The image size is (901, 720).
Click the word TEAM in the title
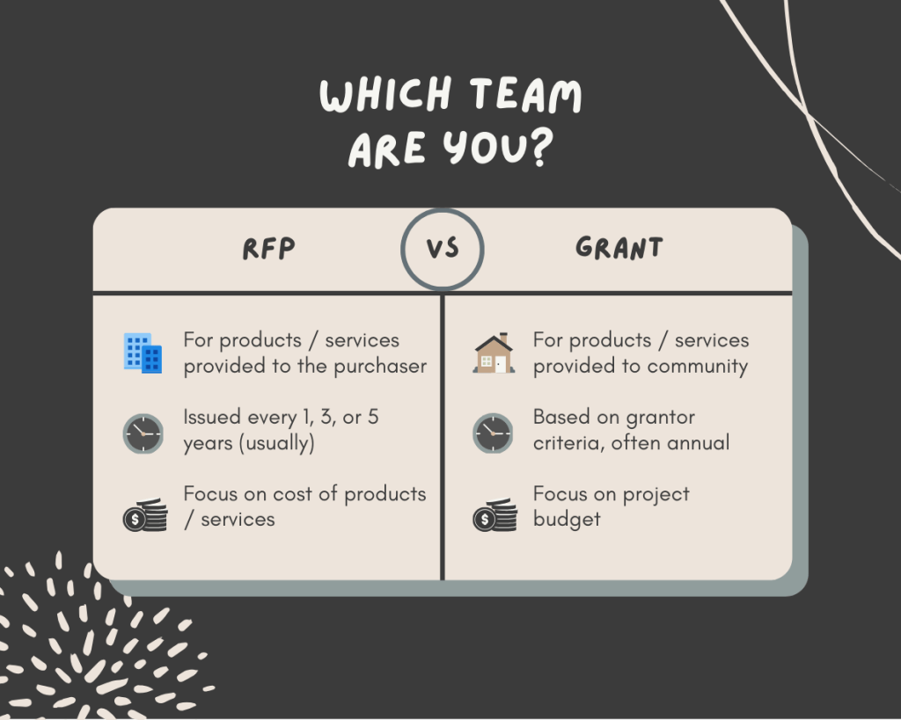525,96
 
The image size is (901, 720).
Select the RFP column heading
268,249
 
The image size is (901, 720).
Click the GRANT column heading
619,249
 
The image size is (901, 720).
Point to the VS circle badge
443,249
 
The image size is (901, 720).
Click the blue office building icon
143,353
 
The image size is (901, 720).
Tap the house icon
494,353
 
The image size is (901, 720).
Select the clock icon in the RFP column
143,433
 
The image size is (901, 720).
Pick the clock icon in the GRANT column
493,433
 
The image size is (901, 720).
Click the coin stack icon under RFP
144,515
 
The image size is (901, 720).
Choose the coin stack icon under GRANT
494,515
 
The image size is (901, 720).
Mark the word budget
567,520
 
